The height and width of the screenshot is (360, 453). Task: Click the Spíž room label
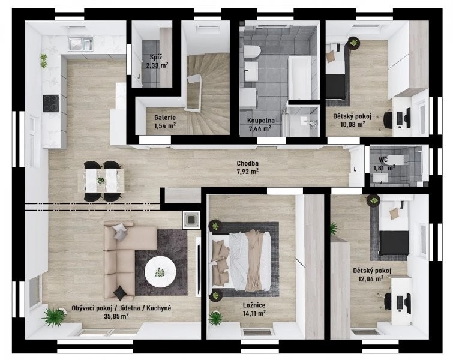coord(156,57)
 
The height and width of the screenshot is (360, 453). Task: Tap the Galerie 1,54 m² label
coord(165,122)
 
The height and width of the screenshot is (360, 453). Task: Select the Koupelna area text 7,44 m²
coord(260,128)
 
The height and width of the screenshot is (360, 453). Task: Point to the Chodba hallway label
coord(248,164)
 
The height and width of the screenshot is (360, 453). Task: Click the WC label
coord(383,160)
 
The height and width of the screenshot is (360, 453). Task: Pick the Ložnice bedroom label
coord(254,305)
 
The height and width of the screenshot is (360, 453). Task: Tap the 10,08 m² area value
coord(352,124)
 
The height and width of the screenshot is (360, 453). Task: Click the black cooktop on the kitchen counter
coord(51,103)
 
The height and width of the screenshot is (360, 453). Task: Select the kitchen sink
coord(80,44)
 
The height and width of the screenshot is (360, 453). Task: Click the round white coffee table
coord(160,272)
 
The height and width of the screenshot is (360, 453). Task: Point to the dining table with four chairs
coord(101,181)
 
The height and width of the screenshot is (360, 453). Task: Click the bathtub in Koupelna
coord(299,77)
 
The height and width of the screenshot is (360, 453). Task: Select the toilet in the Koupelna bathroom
coord(252,51)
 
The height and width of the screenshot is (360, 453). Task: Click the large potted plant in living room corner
coord(54,317)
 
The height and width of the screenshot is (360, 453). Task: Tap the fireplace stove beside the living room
coord(191,220)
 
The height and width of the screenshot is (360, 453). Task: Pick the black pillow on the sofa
coord(120,293)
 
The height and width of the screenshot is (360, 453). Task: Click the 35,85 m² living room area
coord(116,316)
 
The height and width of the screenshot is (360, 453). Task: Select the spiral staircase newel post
coord(193,93)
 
